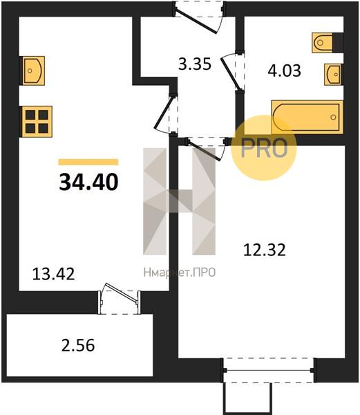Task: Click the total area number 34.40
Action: point(89,182)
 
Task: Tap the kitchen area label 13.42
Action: point(53,274)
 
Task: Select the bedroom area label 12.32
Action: point(265,250)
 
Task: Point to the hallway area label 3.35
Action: point(195,64)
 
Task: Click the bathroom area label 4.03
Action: point(284,71)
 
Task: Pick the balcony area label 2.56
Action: point(78,345)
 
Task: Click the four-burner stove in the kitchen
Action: point(37,122)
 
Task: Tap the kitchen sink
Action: point(32,71)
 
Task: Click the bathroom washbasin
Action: point(334,75)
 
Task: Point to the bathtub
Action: point(307,117)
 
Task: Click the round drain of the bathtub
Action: point(333,117)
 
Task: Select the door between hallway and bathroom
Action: point(233,71)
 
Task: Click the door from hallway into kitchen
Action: point(166,115)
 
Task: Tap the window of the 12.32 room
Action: point(269,371)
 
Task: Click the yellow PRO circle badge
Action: point(264,148)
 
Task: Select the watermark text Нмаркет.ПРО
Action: point(180,273)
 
